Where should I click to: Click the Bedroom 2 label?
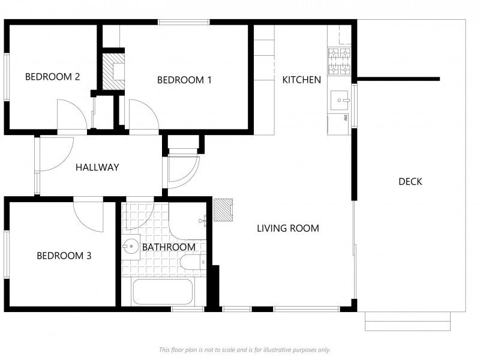(x=52, y=77)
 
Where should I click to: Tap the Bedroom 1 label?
(x=184, y=80)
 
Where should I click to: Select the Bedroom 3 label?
(x=64, y=256)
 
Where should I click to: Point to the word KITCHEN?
(x=302, y=80)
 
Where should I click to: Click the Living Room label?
(x=288, y=228)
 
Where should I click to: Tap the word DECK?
(x=410, y=182)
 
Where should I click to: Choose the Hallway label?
(x=97, y=167)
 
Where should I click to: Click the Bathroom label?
(x=169, y=247)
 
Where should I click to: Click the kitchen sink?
(x=339, y=100)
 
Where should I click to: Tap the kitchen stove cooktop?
(x=339, y=62)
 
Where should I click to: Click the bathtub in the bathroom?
(x=162, y=292)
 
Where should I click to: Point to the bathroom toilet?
(x=193, y=262)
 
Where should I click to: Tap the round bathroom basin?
(x=131, y=246)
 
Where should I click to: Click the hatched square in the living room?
(x=223, y=209)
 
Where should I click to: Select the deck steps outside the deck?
(x=408, y=321)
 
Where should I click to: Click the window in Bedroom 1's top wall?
(x=184, y=22)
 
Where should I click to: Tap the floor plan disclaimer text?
(x=245, y=350)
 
